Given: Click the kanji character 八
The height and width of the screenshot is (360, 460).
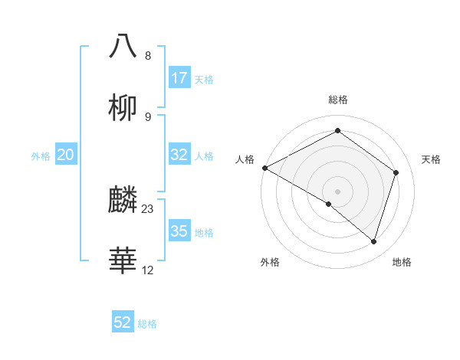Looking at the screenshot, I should point(123,46).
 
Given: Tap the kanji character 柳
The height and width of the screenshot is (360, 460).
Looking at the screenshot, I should point(123,107).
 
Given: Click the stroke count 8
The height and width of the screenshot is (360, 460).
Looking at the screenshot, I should point(148,55).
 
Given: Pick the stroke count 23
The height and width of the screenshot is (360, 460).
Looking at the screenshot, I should point(148,208).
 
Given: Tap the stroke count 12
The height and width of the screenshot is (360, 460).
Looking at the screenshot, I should point(148,270).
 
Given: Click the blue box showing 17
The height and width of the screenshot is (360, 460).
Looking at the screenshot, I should point(179,78).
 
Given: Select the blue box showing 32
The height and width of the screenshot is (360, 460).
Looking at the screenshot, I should point(179,155).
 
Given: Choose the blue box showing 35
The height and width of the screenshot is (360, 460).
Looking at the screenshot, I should point(179,231).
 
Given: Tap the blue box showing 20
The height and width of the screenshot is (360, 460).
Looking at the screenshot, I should point(66,155).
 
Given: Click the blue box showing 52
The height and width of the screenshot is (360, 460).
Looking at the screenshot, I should point(123,322).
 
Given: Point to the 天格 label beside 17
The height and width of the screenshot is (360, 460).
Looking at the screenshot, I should point(204,79).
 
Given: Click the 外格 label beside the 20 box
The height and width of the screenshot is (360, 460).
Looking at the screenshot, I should point(41,155).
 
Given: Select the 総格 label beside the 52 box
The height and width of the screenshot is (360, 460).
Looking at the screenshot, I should point(147,323).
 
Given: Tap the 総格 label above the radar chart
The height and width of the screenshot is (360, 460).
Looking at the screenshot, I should point(338,100).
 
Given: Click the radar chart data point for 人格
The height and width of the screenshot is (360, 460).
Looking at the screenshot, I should point(264,168).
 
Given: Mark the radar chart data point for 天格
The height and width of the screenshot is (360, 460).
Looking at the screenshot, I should point(396,172).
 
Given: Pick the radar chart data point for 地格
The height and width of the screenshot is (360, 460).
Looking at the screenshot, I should point(373,241).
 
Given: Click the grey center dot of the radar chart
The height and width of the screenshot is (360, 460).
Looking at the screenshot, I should point(338,191).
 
